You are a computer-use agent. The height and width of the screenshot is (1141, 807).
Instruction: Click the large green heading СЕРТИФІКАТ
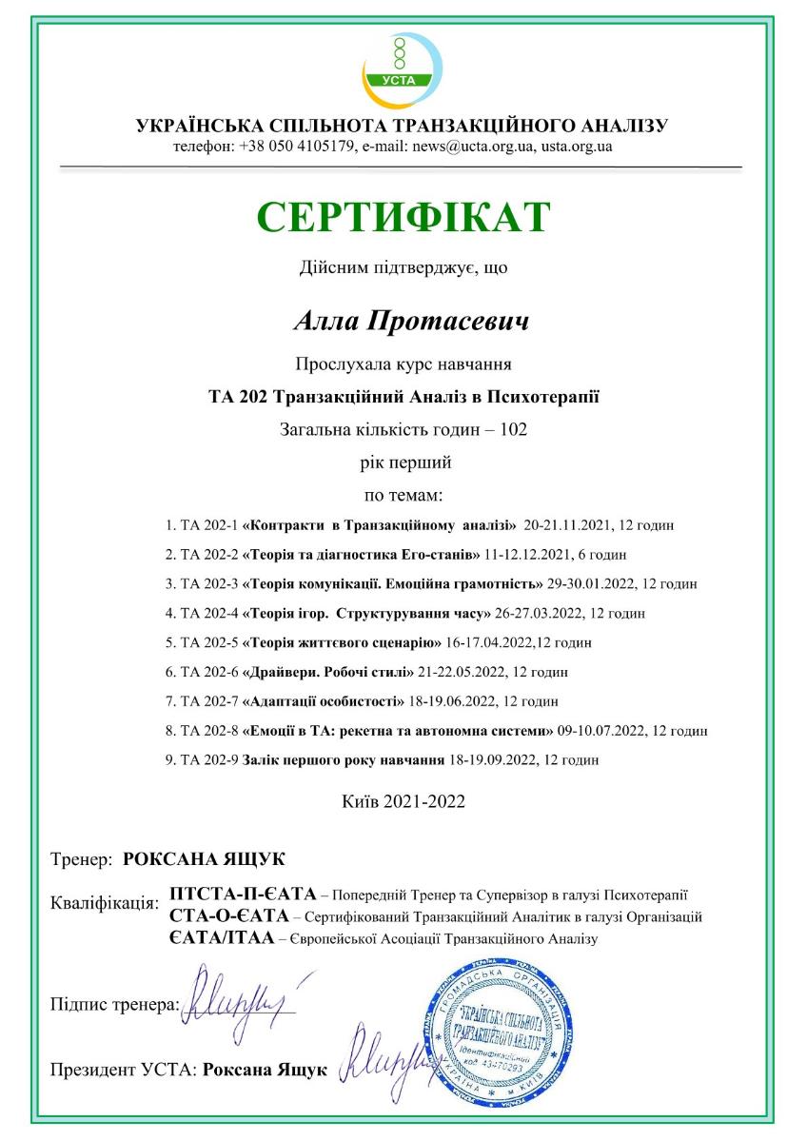pyautogui.click(x=403, y=217)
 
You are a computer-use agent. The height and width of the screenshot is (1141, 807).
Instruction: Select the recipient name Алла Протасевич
pyautogui.click(x=411, y=321)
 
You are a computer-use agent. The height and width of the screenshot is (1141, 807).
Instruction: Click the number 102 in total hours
pyautogui.click(x=513, y=428)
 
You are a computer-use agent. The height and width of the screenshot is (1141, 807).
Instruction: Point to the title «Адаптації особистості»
pyautogui.click(x=324, y=701)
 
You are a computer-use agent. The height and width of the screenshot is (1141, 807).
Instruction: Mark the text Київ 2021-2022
pyautogui.click(x=403, y=801)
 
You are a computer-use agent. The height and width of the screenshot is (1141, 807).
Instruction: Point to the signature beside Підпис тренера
pyautogui.click(x=246, y=994)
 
